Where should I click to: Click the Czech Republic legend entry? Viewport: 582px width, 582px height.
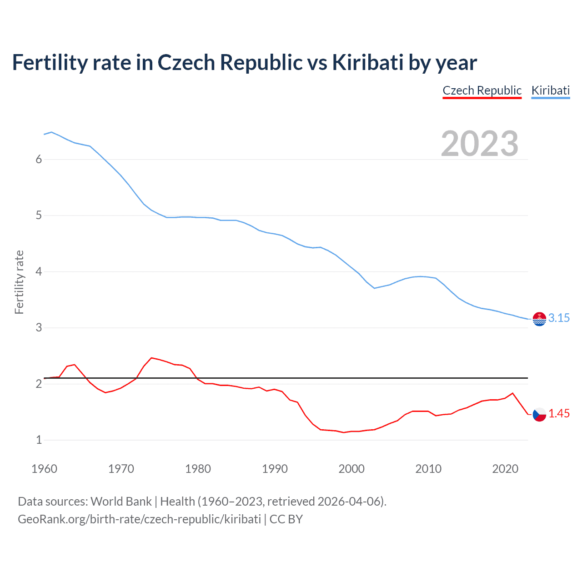point(482,90)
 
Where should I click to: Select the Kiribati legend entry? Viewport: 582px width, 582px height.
point(550,90)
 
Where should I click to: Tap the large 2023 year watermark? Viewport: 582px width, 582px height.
point(480,144)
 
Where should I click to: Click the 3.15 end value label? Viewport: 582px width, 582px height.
point(559,318)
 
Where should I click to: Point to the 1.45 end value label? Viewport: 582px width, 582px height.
point(559,413)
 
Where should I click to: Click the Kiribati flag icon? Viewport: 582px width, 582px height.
point(539,319)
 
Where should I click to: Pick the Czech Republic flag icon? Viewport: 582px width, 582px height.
point(539,414)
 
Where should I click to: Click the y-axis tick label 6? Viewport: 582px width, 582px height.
point(39,159)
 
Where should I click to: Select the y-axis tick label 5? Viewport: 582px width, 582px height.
point(39,215)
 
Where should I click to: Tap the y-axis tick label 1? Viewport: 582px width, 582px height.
point(39,440)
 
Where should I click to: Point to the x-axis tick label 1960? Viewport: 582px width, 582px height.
point(44,469)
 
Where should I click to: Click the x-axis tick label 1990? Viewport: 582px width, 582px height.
point(275,469)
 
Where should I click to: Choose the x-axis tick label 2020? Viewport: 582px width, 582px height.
point(505,469)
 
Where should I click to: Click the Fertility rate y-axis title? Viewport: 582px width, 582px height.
point(19,282)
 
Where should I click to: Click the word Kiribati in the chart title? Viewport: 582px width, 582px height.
point(367,62)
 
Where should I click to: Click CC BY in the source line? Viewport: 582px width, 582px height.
point(286,519)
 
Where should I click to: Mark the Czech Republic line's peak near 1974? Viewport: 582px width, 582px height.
point(151,358)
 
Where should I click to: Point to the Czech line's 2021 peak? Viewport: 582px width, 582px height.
point(513,393)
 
